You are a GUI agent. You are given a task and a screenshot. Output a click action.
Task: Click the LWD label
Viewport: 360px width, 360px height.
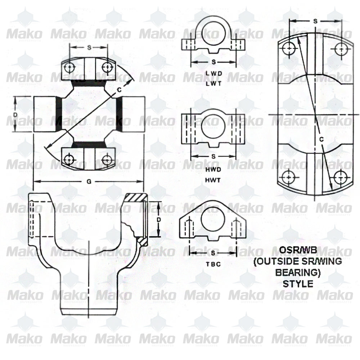(213, 74)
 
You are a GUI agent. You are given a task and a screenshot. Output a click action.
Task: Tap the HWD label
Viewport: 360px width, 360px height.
(213, 169)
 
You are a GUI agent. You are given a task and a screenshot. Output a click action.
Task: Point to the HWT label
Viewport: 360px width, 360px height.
(213, 179)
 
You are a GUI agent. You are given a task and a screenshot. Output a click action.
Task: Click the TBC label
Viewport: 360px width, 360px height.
(213, 264)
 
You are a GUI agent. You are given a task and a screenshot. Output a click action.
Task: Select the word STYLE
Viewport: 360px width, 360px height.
(298, 283)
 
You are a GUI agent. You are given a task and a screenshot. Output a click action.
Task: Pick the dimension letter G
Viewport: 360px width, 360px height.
(89, 181)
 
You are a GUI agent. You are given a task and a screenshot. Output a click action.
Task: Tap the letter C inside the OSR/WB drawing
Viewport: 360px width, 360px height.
(321, 139)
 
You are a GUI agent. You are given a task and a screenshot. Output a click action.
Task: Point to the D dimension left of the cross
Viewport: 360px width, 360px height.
(15, 114)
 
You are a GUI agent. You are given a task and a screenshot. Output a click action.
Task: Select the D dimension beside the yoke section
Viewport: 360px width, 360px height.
(159, 219)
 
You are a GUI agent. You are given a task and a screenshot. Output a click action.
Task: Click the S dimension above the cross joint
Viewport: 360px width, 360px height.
(89, 47)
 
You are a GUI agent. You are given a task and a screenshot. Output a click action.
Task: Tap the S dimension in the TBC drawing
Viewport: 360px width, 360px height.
(213, 253)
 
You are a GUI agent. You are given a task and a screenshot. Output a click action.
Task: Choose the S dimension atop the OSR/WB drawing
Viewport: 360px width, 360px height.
(315, 22)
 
